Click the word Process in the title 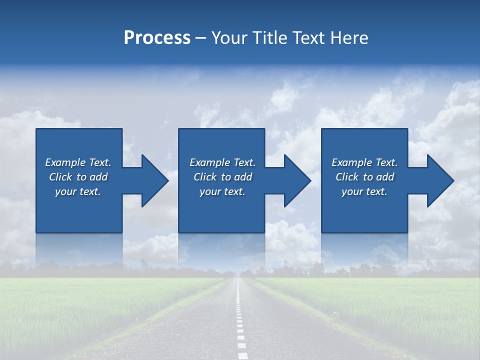point(157,38)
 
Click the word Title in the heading point(270,38)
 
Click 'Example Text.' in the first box point(78,162)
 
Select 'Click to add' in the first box point(78,177)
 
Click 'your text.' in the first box point(78,191)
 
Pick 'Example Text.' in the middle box point(222,162)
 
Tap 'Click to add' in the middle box point(222,177)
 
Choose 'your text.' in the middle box point(222,191)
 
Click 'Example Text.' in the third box point(364,162)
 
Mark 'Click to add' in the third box point(364,177)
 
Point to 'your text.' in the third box point(364,191)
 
